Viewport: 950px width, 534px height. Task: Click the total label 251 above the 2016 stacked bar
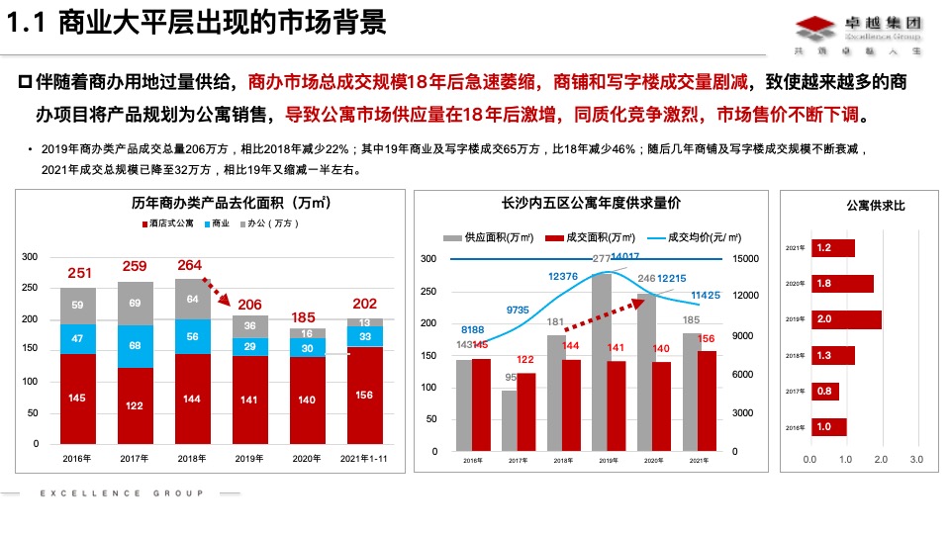coord(79,273)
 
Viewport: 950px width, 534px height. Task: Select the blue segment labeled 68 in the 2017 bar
coord(136,346)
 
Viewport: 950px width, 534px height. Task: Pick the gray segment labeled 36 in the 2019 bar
coord(250,325)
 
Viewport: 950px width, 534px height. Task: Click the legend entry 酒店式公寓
coord(165,224)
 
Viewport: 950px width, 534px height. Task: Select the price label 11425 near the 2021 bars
coord(705,295)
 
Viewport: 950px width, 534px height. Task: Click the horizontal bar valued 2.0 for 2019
coord(845,319)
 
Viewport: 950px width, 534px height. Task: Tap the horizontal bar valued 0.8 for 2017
coord(825,391)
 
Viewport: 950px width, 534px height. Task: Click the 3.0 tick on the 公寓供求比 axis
coord(915,459)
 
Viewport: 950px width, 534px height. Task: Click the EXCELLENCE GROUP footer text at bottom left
coord(121,492)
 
